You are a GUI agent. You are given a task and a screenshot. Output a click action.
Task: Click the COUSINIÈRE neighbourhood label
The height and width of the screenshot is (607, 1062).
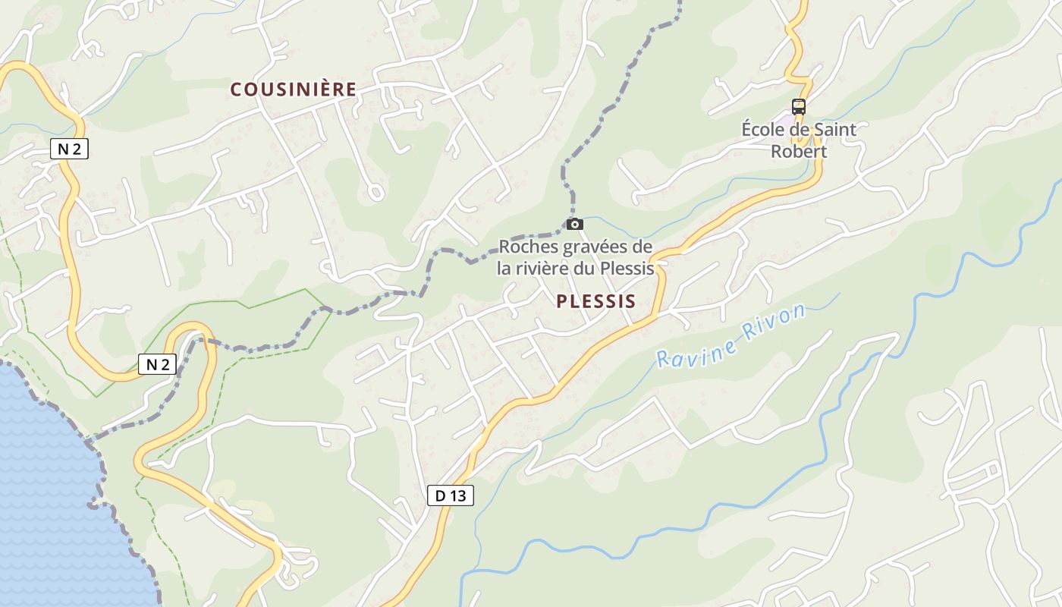pyautogui.click(x=294, y=90)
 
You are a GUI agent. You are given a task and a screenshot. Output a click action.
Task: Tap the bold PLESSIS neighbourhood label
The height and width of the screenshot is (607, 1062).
pyautogui.click(x=595, y=301)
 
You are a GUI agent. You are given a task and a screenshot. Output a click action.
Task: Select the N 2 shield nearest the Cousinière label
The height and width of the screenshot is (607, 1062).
pyautogui.click(x=69, y=149)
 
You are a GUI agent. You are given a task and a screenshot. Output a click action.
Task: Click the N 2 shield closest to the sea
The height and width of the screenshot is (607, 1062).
pyautogui.click(x=157, y=364)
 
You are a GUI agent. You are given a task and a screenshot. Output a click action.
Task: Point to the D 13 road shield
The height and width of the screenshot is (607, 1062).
pyautogui.click(x=450, y=496)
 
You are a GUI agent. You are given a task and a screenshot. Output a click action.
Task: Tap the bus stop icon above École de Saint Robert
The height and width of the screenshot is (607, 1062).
pyautogui.click(x=798, y=107)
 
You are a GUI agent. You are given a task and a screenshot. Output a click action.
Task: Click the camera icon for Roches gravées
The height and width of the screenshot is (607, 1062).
pyautogui.click(x=575, y=224)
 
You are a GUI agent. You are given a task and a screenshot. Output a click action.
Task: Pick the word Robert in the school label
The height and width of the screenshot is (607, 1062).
pyautogui.click(x=798, y=151)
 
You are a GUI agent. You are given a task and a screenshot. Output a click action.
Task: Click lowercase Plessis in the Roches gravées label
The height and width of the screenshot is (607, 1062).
pyautogui.click(x=627, y=268)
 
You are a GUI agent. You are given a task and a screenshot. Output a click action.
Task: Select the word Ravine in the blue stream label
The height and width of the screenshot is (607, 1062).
pyautogui.click(x=696, y=351)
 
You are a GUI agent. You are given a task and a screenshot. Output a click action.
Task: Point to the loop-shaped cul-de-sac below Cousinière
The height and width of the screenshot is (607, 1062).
pyautogui.click(x=375, y=193)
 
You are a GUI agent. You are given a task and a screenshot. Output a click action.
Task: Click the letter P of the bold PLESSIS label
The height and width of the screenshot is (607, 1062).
pyautogui.click(x=562, y=301)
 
